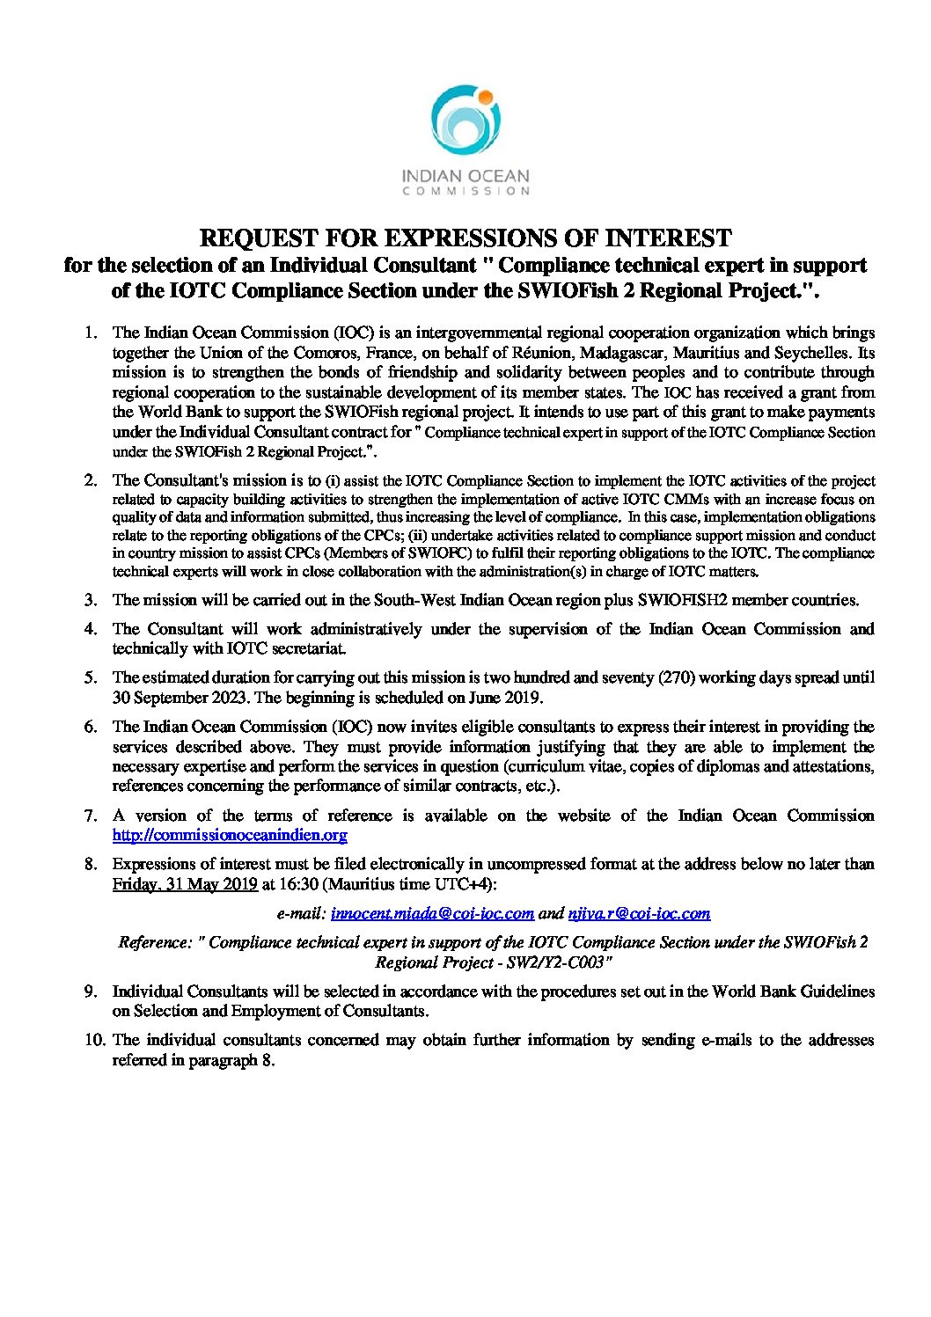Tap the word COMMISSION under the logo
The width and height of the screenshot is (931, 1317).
(465, 190)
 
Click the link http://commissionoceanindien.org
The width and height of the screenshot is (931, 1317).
(230, 835)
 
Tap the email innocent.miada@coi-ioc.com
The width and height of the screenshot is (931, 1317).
(433, 913)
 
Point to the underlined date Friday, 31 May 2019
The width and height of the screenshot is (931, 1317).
(185, 883)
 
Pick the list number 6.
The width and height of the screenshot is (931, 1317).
(90, 727)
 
